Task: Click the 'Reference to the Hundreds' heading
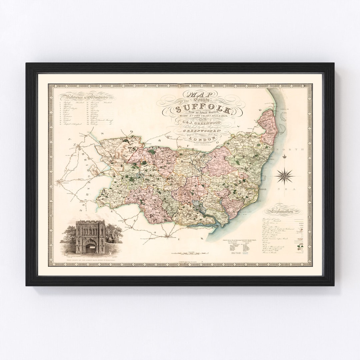pyautogui.click(x=87, y=97)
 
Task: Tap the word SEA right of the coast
pyautogui.click(x=294, y=189)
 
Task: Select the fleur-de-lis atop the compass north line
pyautogui.click(x=285, y=156)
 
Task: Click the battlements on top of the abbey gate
pyautogui.click(x=90, y=222)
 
